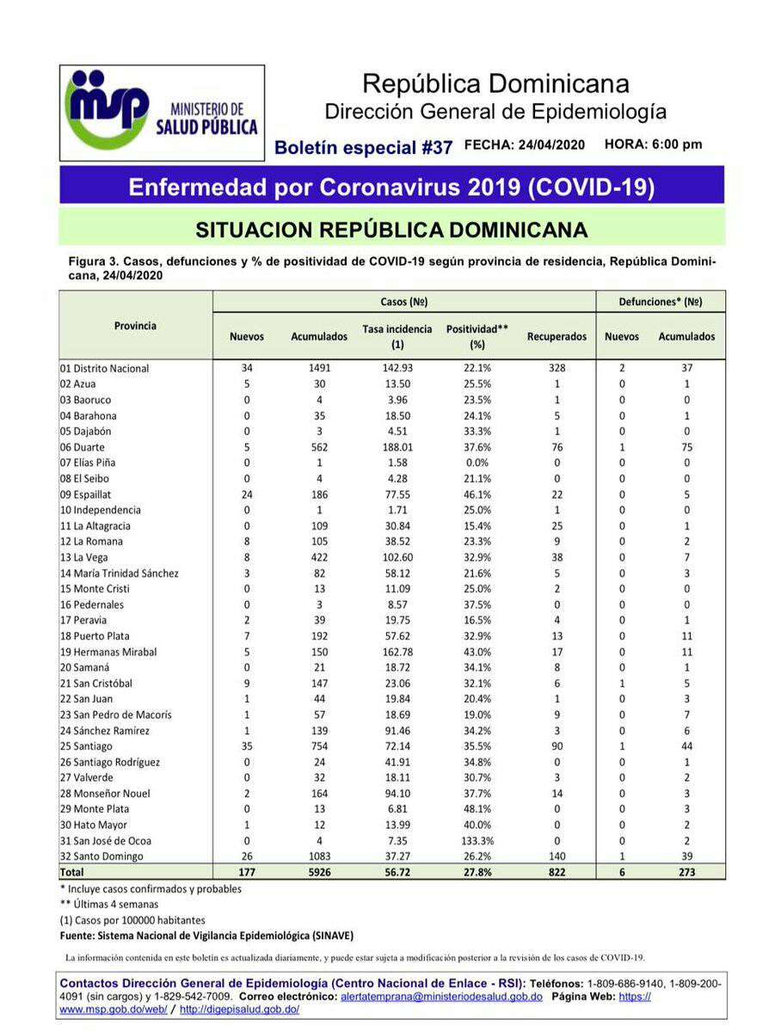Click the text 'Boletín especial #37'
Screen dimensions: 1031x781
coord(363,147)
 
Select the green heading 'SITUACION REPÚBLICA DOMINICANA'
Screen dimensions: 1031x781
coord(391,230)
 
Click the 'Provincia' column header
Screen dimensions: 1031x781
coord(135,326)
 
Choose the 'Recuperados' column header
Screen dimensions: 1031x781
coord(557,337)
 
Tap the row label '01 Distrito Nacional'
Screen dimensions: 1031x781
coord(104,368)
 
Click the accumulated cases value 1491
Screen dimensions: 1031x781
coord(319,368)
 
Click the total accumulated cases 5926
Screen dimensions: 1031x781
coord(319,872)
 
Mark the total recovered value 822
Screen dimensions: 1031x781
coord(557,872)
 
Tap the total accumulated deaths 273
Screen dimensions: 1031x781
coord(686,872)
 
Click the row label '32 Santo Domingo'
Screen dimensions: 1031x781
coord(101,856)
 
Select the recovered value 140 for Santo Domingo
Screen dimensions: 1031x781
coord(557,856)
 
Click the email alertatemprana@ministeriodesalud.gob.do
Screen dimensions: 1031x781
coord(440,997)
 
